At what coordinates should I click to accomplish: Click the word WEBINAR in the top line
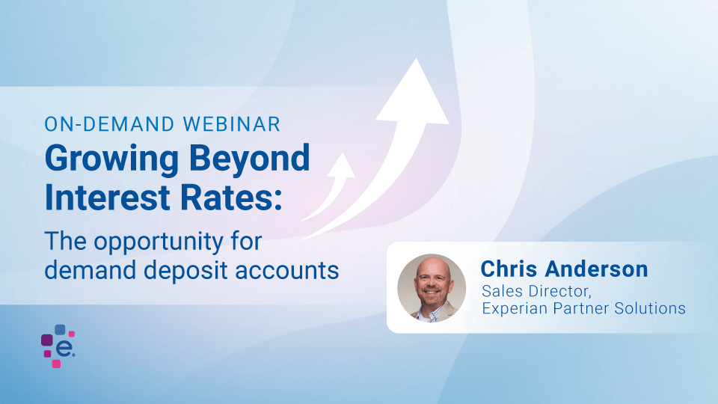tap(232, 124)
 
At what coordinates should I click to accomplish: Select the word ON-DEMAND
tap(109, 124)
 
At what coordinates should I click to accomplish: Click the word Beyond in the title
tap(250, 159)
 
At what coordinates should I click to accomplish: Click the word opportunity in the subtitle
tap(159, 242)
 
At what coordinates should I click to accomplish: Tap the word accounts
tap(287, 270)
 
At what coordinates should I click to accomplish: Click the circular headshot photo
tap(432, 288)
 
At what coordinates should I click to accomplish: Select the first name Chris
tap(509, 269)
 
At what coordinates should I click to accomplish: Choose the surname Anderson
tap(597, 269)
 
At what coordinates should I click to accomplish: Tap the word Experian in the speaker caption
tap(515, 309)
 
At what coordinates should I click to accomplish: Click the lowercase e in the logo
tap(64, 349)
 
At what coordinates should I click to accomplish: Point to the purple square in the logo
tap(46, 340)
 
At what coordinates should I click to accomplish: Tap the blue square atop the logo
tap(60, 329)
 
